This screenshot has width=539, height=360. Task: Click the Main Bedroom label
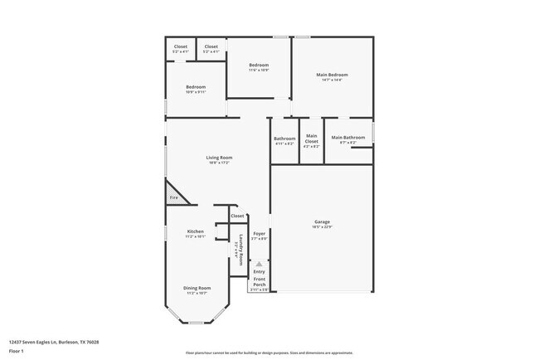[332, 75]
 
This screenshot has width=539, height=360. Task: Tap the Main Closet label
[312, 139]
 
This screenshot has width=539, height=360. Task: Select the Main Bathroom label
[348, 137]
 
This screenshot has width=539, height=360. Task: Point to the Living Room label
[220, 157]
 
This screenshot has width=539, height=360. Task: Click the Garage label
[323, 221]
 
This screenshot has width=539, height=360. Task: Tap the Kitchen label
[196, 231]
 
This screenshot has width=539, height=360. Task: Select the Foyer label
[260, 234]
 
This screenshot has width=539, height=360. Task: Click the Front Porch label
[260, 282]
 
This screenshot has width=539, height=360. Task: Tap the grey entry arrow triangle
[259, 264]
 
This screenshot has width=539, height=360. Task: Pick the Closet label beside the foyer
[238, 216]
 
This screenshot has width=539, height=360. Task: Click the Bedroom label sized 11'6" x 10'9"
[259, 65]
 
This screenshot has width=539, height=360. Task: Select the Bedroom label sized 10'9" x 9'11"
[196, 87]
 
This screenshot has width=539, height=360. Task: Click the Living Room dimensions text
[220, 163]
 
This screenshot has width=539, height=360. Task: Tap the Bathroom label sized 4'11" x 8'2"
[285, 139]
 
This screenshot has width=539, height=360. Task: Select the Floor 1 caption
[16, 351]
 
